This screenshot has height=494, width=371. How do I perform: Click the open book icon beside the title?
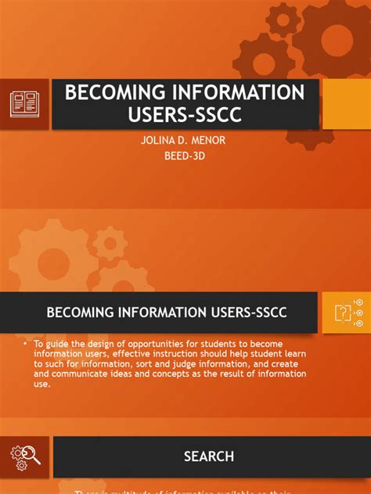(x=24, y=103)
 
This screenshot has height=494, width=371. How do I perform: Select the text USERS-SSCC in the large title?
(x=185, y=116)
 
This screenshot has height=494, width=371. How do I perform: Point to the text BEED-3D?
(x=185, y=158)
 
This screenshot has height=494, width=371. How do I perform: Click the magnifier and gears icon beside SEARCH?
(x=25, y=456)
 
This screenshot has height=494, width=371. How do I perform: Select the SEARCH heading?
(x=208, y=456)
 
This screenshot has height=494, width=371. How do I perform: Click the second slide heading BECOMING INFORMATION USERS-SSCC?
(x=167, y=313)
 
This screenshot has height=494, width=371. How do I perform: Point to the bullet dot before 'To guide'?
(x=25, y=344)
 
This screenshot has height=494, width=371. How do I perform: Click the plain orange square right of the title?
(x=346, y=103)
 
